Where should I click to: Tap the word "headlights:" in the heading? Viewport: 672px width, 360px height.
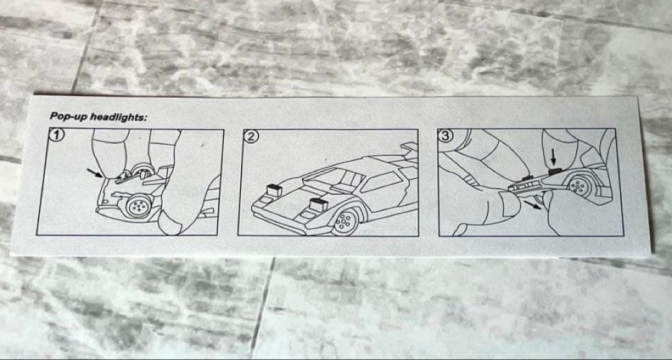(118, 118)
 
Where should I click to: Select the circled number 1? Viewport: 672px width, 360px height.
(57, 135)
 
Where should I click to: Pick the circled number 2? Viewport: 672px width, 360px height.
(251, 136)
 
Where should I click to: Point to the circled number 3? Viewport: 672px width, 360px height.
(446, 136)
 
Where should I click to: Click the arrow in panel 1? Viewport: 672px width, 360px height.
(95, 172)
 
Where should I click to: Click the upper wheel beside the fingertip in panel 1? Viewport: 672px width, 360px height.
(142, 172)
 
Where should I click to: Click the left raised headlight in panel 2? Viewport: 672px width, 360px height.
(273, 190)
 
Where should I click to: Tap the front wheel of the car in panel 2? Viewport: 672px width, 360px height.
(345, 221)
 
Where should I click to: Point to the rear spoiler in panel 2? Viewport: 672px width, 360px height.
(410, 147)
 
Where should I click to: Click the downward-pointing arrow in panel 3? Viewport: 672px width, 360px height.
(553, 159)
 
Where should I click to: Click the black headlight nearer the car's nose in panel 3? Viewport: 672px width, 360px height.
(526, 177)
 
